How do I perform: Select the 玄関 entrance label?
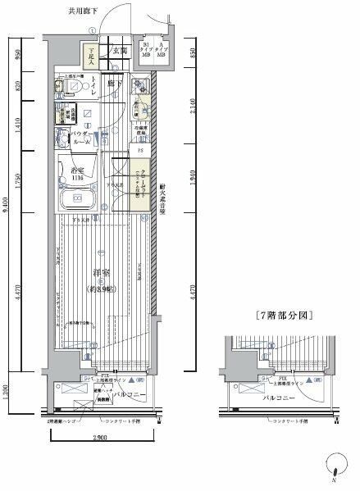pos(119,51)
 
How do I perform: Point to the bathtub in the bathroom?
pos(77,199)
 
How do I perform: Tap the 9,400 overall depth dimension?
pos(7,217)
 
